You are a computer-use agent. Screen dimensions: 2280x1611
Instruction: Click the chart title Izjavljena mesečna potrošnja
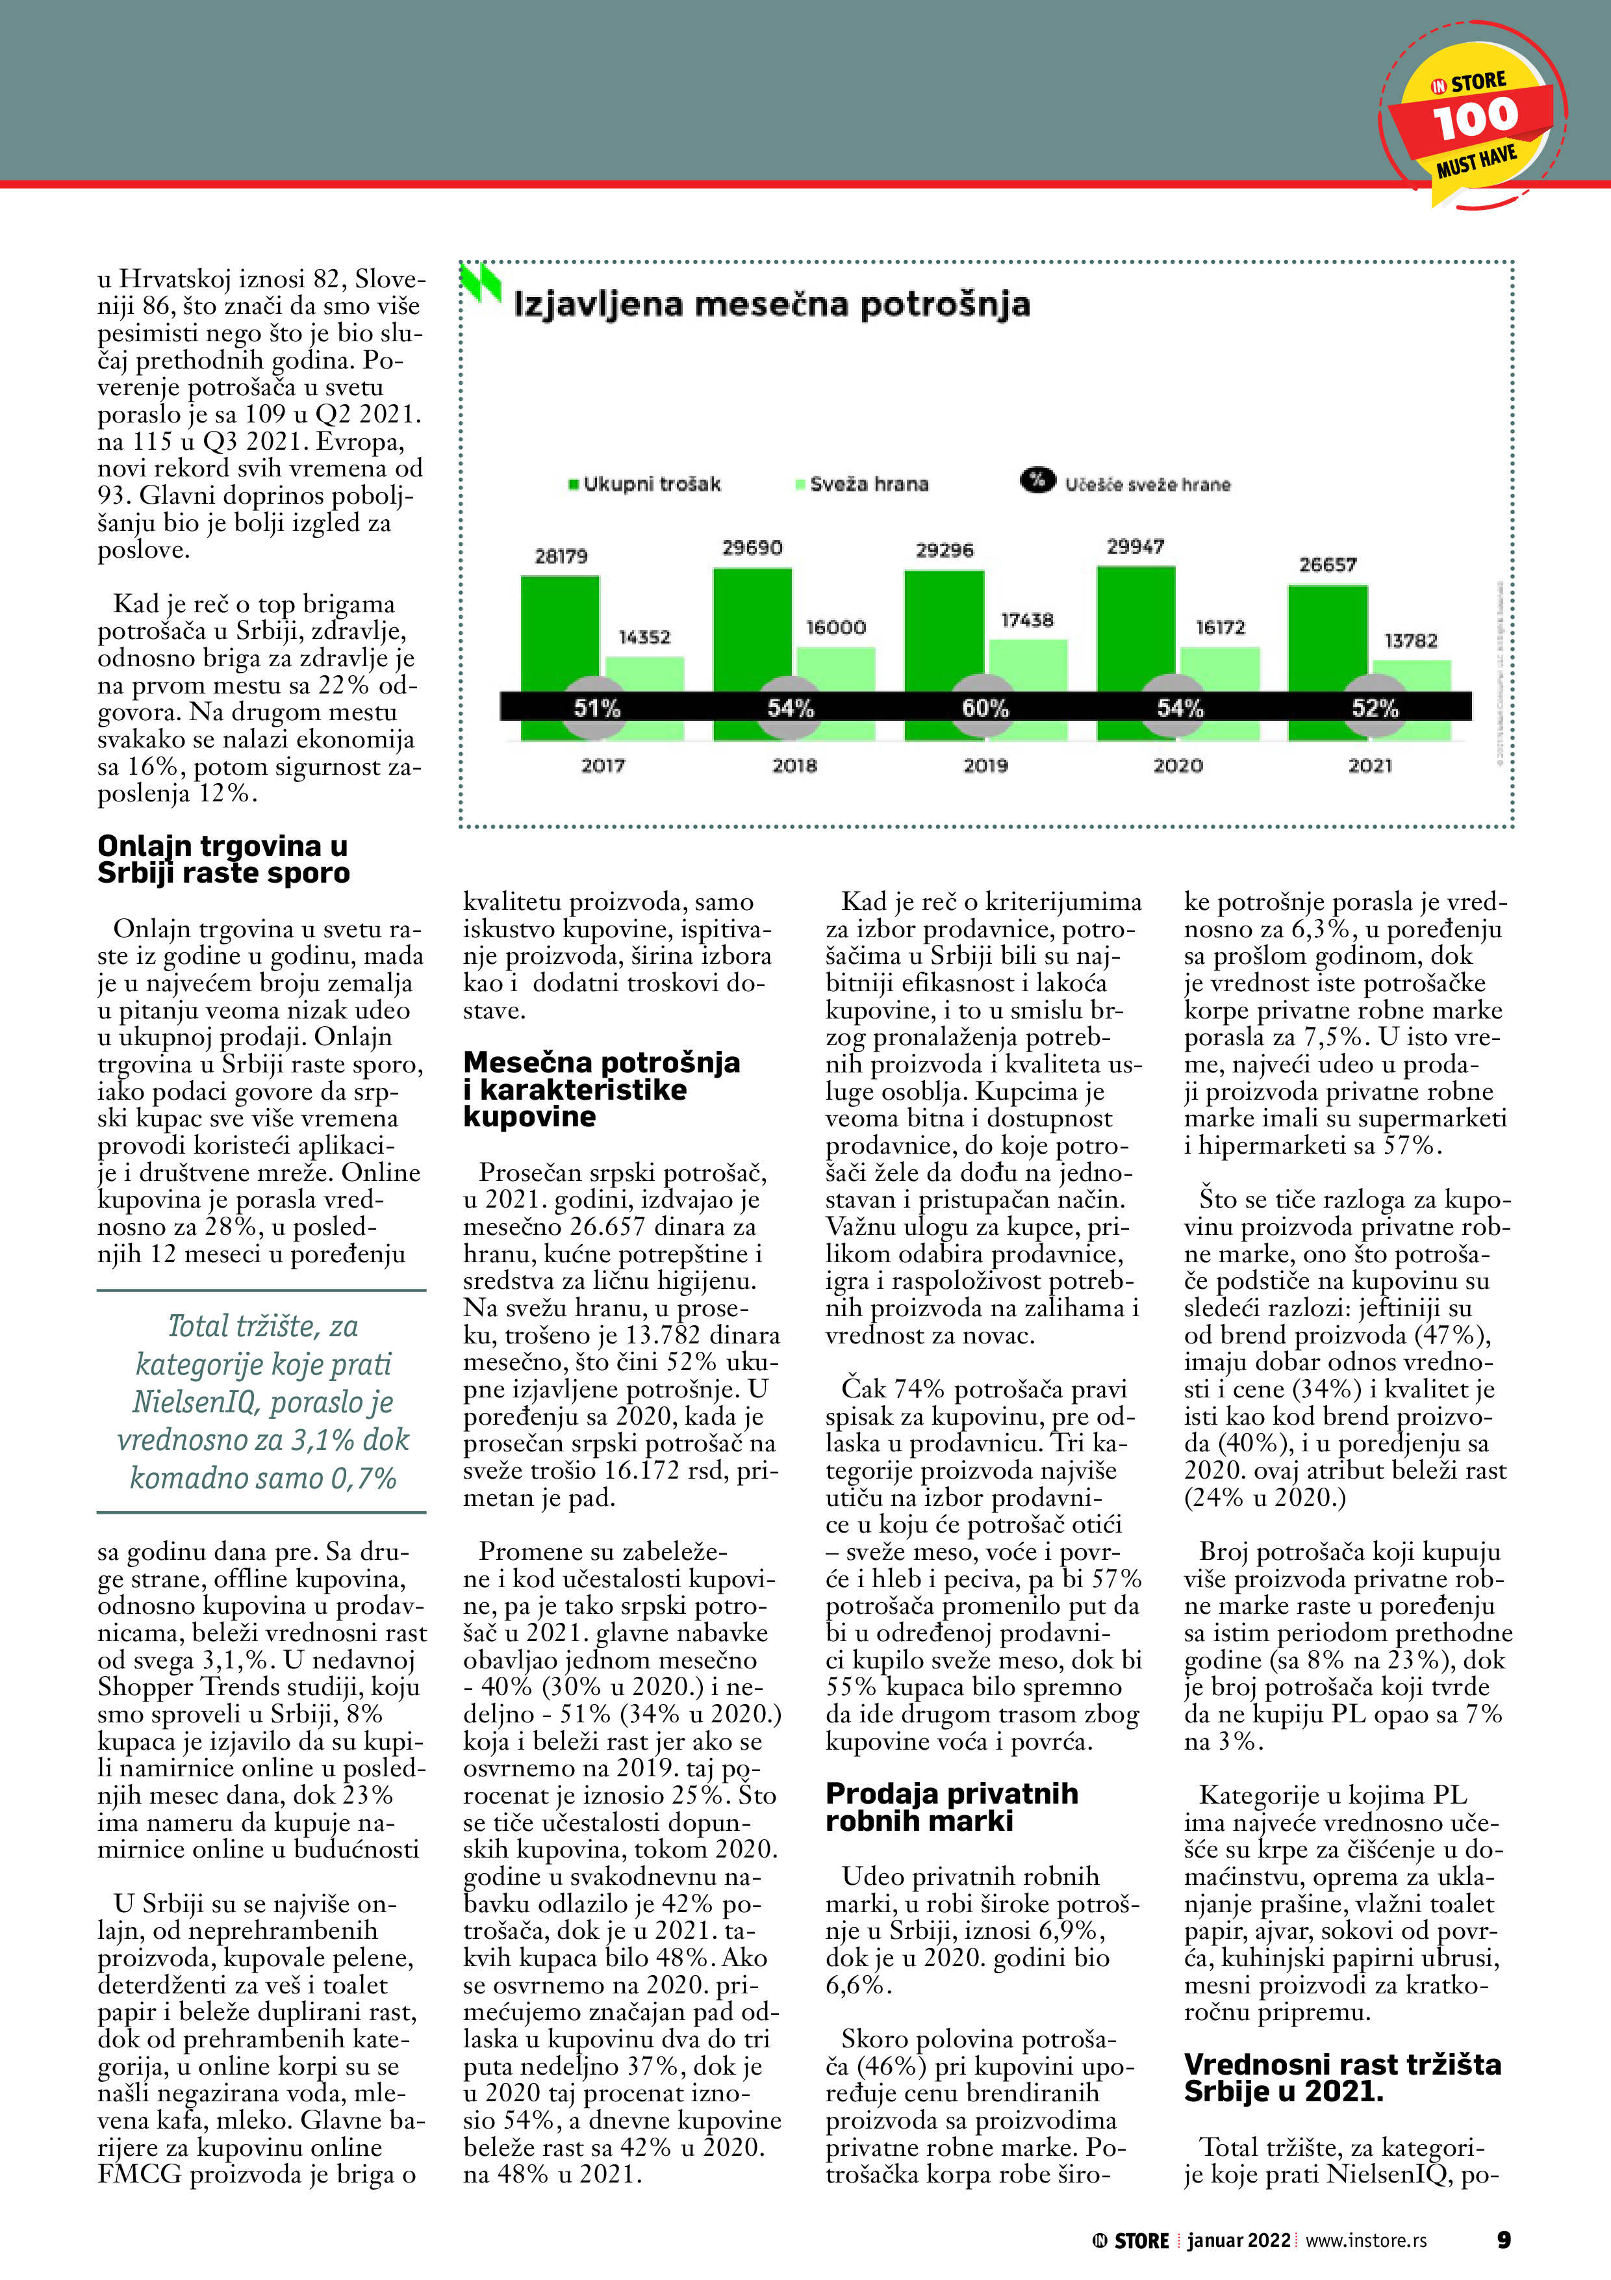771,304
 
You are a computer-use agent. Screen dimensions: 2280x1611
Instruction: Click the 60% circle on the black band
985,707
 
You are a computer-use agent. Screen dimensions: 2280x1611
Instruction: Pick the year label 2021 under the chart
1370,766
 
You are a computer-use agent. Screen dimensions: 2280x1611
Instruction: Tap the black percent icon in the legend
1037,480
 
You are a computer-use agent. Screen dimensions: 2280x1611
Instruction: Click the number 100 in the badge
1475,119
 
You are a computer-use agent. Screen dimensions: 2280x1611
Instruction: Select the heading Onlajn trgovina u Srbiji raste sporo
223,859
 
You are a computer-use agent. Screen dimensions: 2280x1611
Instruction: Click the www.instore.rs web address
1366,2240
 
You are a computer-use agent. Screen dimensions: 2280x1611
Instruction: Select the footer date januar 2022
1237,2240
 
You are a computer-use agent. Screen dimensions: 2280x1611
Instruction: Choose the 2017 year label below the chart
603,766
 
